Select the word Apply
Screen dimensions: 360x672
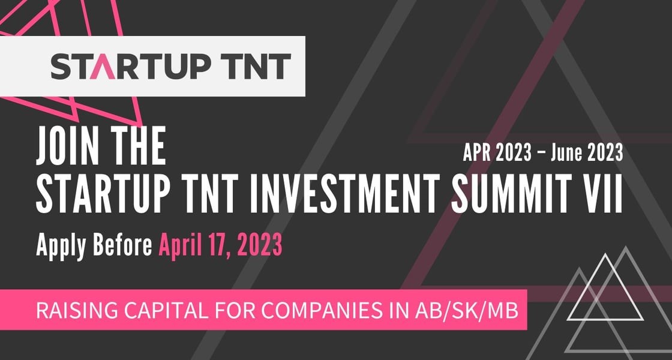[x=64, y=246]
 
